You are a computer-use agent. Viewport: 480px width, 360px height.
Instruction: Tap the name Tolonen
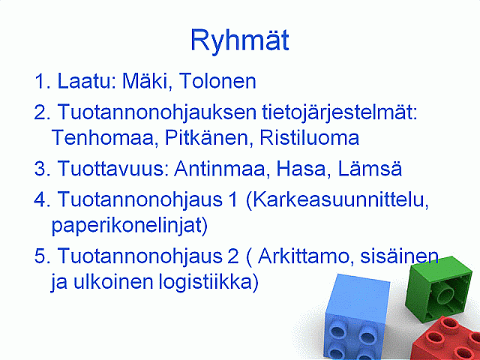[217, 81]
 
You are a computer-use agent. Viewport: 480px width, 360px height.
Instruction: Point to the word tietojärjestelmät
[340, 113]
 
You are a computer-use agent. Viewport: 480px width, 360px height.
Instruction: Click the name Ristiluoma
[309, 138]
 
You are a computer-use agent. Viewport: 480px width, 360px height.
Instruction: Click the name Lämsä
[370, 168]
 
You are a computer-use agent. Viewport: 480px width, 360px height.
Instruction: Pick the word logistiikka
[208, 282]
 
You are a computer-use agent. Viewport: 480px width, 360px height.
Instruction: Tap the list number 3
[40, 169]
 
